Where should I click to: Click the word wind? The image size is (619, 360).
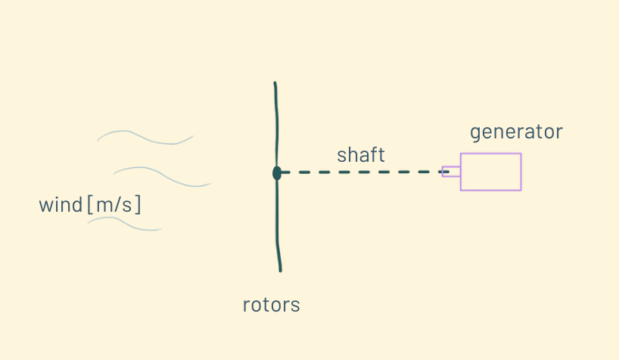pos(61,205)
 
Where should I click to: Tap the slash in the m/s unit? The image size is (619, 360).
pos(120,205)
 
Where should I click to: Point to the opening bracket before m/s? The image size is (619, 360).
pos(90,205)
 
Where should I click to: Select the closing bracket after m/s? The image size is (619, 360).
pos(139,205)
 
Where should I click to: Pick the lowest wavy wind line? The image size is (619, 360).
pos(125,224)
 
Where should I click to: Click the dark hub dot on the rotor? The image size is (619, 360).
pos(277,173)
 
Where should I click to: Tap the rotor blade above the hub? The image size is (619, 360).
pos(276,125)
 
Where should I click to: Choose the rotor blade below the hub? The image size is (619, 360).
pos(278,223)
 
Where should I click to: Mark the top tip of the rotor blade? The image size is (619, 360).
pos(275,83)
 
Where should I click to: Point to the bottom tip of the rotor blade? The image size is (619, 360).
pos(280,270)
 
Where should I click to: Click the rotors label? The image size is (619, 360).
pos(271,306)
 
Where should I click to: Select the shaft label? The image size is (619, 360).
pos(361,155)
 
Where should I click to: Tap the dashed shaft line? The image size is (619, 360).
pos(363,172)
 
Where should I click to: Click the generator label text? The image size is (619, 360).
pos(516,132)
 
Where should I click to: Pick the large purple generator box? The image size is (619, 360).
pos(490,172)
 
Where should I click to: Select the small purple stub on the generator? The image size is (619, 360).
pos(451,172)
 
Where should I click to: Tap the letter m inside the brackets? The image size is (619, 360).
pos(104,206)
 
